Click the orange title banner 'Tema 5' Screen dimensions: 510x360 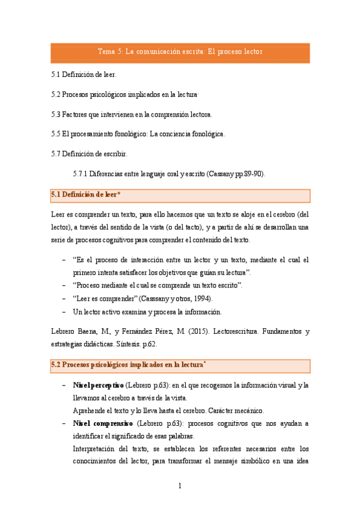coord(180,52)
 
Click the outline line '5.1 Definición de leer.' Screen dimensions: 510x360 coord(84,75)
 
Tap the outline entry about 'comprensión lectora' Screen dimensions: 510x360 coord(132,114)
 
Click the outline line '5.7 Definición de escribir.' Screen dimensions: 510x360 coord(89,154)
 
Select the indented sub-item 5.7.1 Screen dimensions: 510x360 coord(168,174)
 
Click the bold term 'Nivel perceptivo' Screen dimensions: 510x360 coord(98,385)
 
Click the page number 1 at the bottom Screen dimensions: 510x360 coord(180,485)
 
